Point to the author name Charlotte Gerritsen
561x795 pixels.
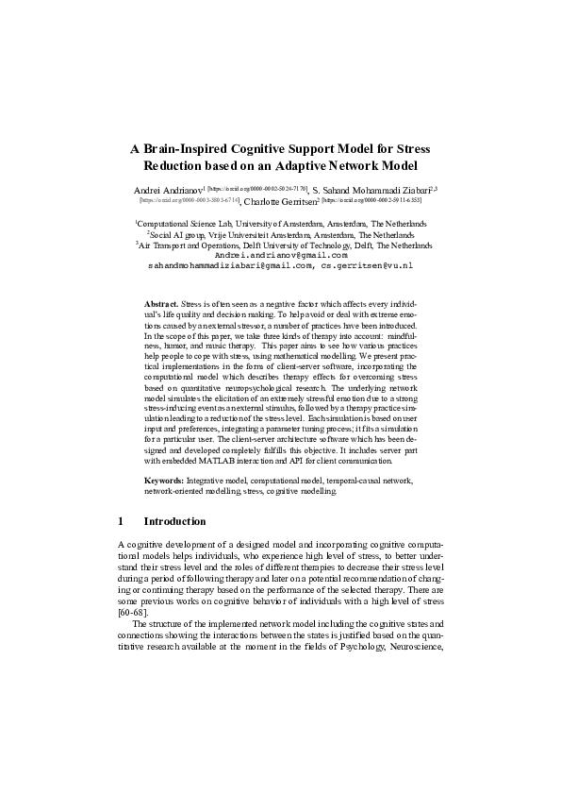[x=280, y=202]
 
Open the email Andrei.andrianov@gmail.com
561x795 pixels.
[x=280, y=256]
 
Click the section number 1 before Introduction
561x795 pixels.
[x=121, y=520]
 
